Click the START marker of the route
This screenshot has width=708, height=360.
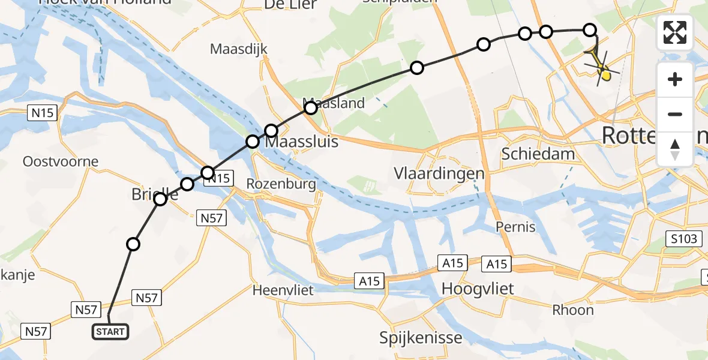click(110, 331)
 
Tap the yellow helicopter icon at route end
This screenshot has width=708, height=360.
click(602, 67)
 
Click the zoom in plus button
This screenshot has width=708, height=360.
click(675, 79)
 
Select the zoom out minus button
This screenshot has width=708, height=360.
click(675, 114)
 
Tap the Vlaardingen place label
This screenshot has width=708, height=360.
click(439, 174)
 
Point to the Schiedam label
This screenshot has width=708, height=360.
click(538, 154)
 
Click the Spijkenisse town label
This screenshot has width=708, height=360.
click(421, 337)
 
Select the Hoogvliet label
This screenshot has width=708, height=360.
click(478, 289)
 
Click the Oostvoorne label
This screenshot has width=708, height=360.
click(52, 161)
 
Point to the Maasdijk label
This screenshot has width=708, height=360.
click(238, 49)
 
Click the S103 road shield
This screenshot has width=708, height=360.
click(685, 239)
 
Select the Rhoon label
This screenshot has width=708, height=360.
click(574, 310)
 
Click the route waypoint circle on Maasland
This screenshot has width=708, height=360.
click(310, 108)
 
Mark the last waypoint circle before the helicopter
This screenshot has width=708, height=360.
click(590, 29)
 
